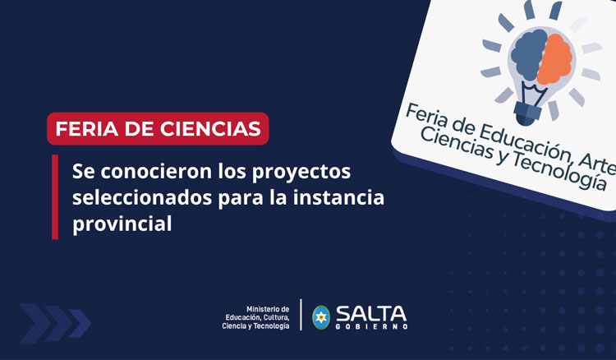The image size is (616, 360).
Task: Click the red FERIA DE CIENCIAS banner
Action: pos(158,128)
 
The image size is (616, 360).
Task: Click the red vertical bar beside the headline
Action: pos(55,197)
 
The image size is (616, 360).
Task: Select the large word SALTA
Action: pos(370,312)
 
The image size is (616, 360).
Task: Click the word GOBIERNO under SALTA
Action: pos(370,327)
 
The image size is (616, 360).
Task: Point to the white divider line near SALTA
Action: pos(301,316)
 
